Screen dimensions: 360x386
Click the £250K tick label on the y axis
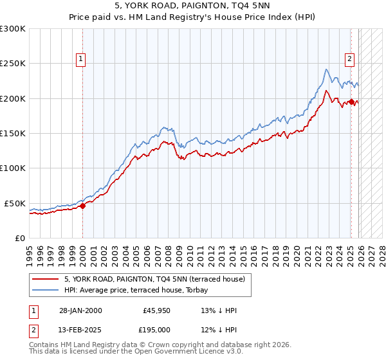point(13,64)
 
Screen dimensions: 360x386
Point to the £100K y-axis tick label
point(13,168)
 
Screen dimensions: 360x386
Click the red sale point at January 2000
point(82,206)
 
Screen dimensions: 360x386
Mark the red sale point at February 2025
point(351,102)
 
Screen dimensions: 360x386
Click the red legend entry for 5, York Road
point(154,280)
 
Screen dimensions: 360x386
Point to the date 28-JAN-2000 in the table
point(80,310)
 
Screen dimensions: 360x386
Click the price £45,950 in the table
point(157,310)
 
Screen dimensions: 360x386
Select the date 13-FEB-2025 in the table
point(80,329)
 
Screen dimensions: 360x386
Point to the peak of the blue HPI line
point(327,69)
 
